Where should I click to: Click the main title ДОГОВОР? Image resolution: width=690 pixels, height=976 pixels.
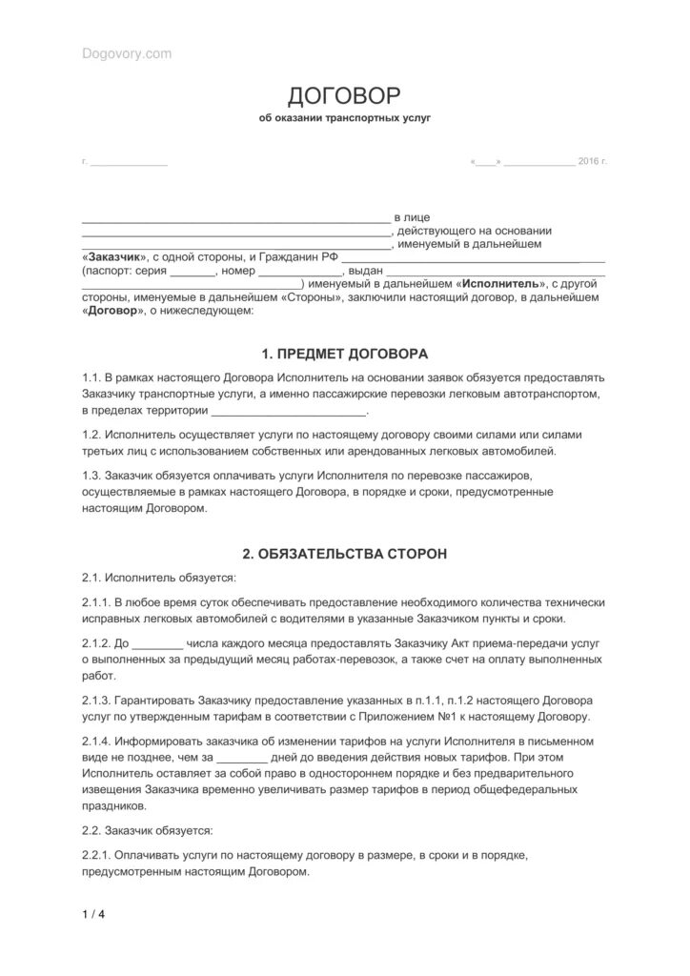click(x=344, y=95)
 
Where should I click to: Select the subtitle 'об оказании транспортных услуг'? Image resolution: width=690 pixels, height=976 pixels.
click(x=344, y=120)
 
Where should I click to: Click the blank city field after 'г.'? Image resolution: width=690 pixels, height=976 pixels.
click(x=129, y=163)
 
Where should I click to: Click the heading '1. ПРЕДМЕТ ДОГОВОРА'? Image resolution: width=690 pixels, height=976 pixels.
click(x=344, y=353)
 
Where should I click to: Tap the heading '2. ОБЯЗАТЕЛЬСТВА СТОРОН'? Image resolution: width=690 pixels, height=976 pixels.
click(x=344, y=553)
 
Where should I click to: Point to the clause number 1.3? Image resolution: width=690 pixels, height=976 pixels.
click(x=91, y=475)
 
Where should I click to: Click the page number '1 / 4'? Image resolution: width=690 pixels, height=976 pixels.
click(x=93, y=917)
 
